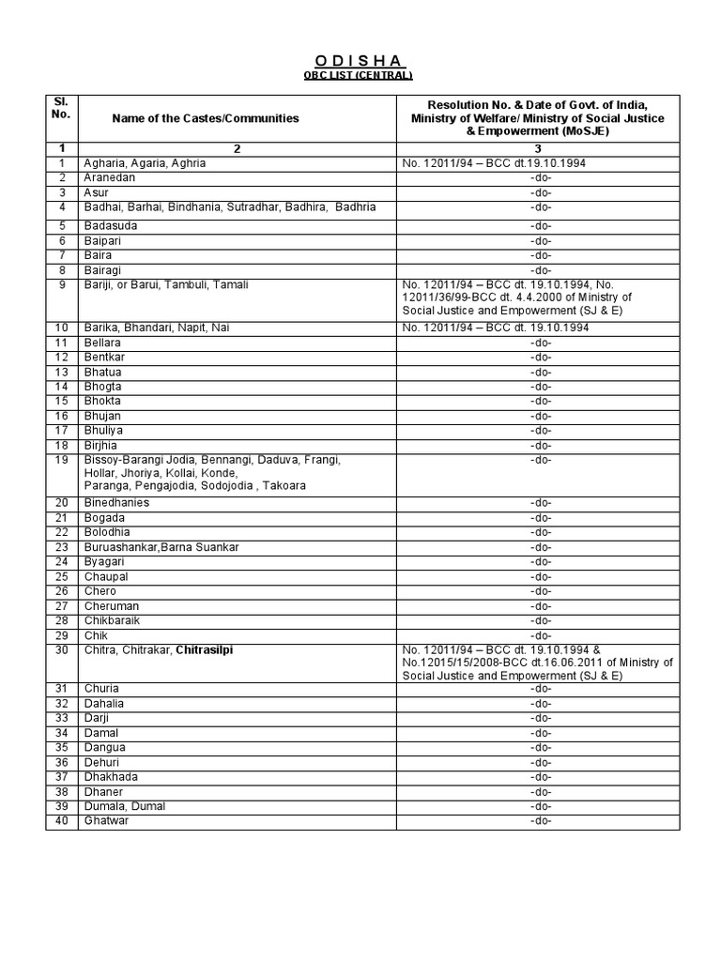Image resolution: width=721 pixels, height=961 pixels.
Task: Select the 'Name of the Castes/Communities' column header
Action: point(206,118)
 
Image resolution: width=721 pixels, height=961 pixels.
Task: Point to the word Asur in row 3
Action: point(97,192)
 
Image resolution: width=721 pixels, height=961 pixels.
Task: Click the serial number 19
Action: point(62,460)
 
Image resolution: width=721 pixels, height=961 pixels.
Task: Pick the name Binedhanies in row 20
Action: point(116,502)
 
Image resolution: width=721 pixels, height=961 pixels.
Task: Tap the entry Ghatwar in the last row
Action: point(106,820)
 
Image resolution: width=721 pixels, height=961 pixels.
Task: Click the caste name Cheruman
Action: point(112,606)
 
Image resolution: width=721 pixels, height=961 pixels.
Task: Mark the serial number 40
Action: point(62,820)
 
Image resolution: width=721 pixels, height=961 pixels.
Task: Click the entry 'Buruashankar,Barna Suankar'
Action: point(161,547)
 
